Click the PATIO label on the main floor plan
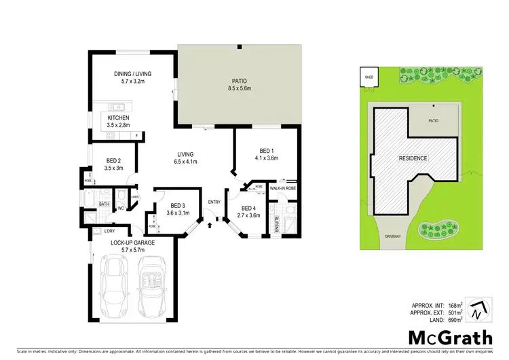pos(239,80)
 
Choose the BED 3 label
pos(178,205)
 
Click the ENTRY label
pos(214,201)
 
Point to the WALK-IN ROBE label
pos(282,187)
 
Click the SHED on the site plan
pos(369,78)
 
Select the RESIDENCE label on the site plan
pos(412,158)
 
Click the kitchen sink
pos(116,107)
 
